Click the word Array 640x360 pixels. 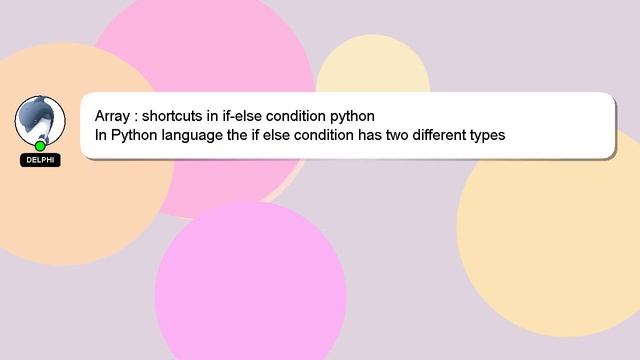click(x=113, y=115)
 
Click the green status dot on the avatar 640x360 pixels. click(x=41, y=146)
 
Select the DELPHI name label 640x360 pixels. click(x=41, y=160)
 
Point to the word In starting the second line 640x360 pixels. click(x=101, y=135)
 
